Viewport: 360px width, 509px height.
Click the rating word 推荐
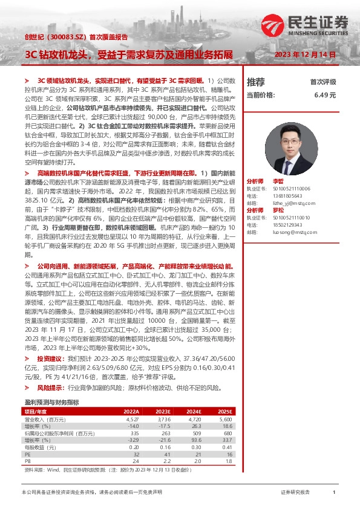coord(256,82)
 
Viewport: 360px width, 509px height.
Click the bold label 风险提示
coord(51,386)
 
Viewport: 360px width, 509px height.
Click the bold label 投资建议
coord(51,358)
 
